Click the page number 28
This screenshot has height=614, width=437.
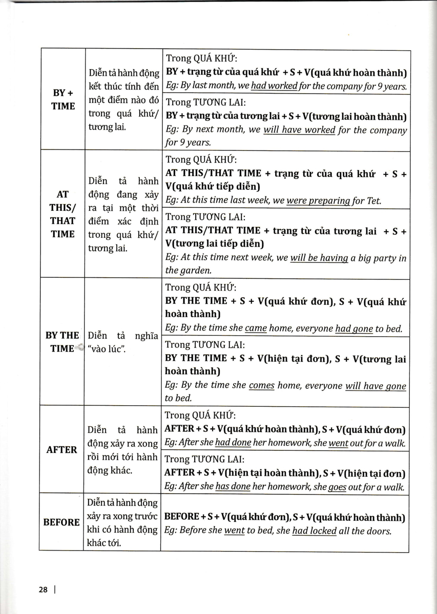pyautogui.click(x=43, y=589)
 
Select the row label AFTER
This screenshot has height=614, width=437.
pyautogui.click(x=61, y=450)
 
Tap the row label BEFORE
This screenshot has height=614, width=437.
pyautogui.click(x=61, y=522)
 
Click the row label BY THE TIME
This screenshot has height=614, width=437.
pyautogui.click(x=62, y=342)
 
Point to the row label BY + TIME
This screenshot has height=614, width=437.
pyautogui.click(x=63, y=99)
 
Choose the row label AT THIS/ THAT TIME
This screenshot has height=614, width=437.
pyautogui.click(x=63, y=214)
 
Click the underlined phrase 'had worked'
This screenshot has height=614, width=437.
pyautogui.click(x=275, y=86)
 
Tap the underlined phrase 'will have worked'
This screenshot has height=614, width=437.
pyautogui.click(x=299, y=130)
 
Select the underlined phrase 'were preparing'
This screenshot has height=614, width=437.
pyautogui.click(x=318, y=201)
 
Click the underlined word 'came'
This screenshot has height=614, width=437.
pyautogui.click(x=256, y=328)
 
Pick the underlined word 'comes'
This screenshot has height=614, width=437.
pyautogui.click(x=262, y=385)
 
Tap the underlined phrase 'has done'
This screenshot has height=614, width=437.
pyautogui.click(x=233, y=487)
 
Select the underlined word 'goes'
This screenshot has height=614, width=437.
pyautogui.click(x=337, y=487)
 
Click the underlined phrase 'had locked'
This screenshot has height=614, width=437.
pyautogui.click(x=314, y=531)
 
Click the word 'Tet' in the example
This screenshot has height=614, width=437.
pyautogui.click(x=374, y=201)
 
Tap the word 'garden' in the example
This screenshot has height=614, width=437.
pyautogui.click(x=194, y=271)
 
